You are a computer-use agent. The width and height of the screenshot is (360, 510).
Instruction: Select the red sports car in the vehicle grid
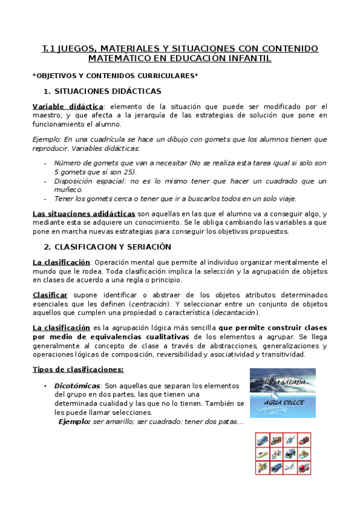click(304, 440)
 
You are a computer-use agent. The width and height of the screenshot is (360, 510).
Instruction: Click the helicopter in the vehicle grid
click(290, 440)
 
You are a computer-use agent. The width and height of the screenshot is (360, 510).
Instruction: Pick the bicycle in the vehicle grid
click(276, 453)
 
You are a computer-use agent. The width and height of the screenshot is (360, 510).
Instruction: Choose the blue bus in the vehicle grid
click(276, 467)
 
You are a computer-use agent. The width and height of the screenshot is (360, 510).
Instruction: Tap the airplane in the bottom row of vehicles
click(290, 467)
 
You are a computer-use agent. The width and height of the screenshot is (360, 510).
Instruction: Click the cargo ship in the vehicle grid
click(263, 440)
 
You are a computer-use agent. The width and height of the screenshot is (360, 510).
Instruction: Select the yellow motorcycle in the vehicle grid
click(263, 467)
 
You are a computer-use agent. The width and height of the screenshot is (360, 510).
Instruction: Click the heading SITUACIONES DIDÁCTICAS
click(108, 91)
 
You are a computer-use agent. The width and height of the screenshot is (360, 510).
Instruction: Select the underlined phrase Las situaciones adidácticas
click(84, 214)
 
